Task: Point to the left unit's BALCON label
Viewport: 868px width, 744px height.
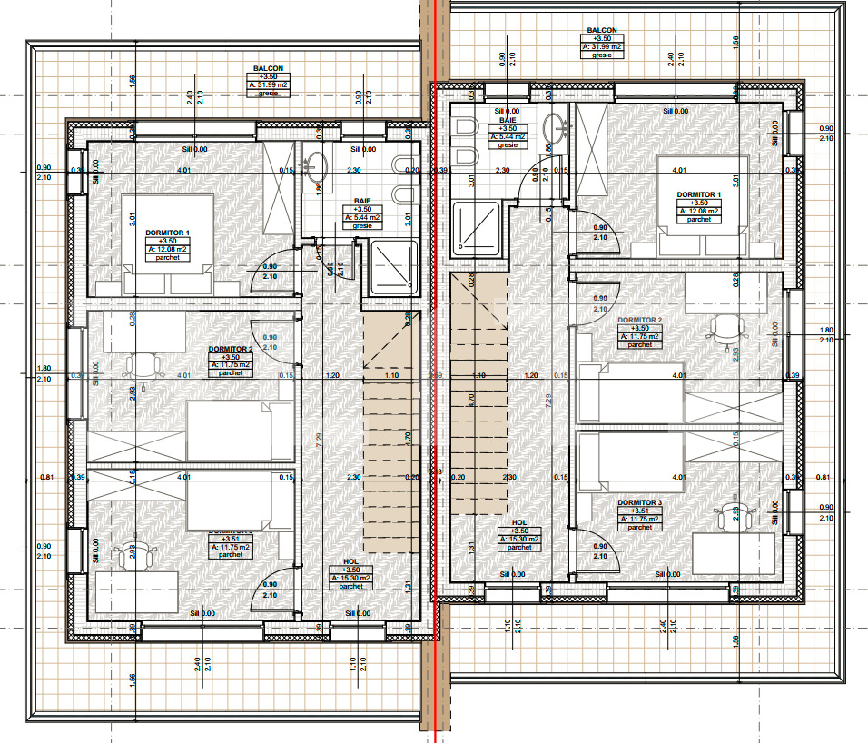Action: coord(269,68)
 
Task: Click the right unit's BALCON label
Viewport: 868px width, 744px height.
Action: coord(601,29)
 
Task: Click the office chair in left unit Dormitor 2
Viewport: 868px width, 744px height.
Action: coord(143,364)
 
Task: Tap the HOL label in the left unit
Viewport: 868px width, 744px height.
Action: coord(350,561)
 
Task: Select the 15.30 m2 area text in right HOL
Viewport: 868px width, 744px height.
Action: coord(519,539)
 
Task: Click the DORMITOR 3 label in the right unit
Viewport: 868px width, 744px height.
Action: coord(640,502)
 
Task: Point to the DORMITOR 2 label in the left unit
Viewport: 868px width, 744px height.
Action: coord(230,349)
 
